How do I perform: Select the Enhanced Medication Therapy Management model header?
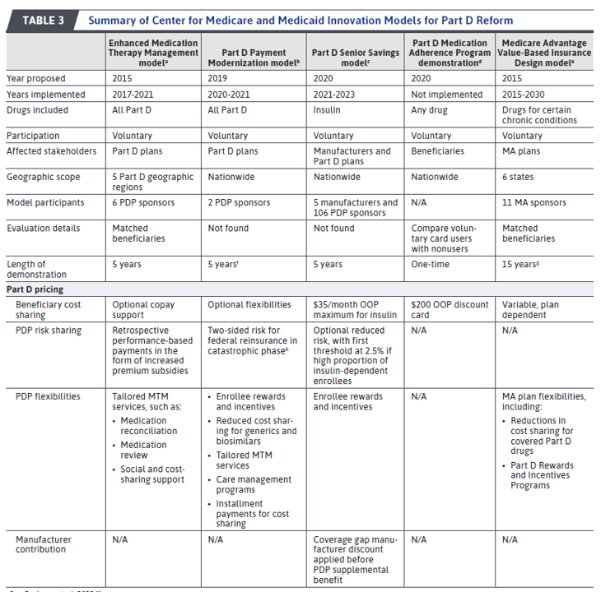155,53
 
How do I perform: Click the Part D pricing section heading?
35,289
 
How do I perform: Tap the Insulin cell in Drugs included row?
328,110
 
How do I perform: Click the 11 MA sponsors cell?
534,202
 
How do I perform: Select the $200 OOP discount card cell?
450,310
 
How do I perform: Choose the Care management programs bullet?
254,484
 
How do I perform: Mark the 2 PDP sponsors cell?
240,202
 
